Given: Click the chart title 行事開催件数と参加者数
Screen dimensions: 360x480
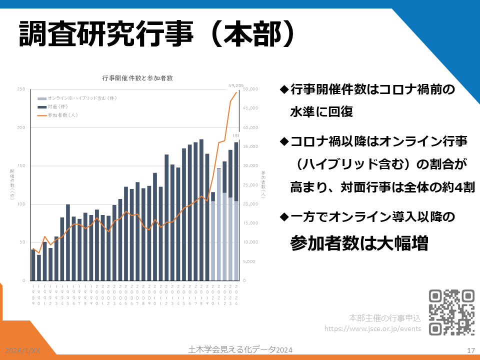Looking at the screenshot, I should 137,78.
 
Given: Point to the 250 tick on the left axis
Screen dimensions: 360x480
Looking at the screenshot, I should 21,89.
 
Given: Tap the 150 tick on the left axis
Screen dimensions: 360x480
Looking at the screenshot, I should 21,166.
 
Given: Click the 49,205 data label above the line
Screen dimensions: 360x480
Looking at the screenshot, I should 235,85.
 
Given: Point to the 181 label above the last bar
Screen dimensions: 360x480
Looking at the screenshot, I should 236,136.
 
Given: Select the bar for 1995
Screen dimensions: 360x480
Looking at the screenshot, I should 68,242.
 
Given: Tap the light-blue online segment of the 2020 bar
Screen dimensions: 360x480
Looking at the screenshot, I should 213,240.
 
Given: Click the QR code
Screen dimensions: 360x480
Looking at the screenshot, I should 452,312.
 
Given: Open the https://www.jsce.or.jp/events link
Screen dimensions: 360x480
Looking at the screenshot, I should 373,328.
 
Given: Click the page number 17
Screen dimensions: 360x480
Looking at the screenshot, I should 470,350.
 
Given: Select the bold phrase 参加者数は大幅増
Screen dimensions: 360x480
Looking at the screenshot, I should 358,243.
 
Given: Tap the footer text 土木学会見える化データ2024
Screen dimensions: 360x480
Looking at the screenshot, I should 240,349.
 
